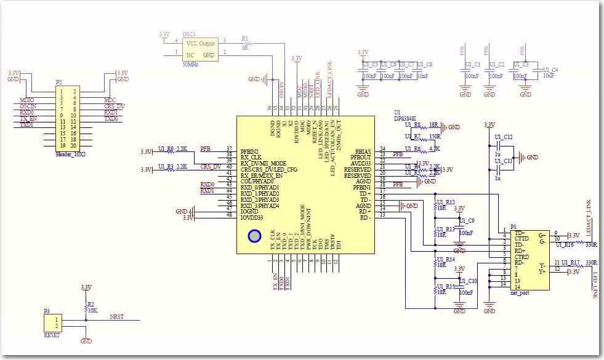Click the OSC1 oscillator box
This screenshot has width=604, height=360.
201,49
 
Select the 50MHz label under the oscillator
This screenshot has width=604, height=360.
191,64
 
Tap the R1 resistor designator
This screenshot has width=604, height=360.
244,38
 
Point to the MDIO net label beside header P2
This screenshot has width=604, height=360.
26,100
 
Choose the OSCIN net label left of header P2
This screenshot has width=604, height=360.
28,106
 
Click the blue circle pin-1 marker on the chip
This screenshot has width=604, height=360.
254,236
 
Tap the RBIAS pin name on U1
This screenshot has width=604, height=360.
362,149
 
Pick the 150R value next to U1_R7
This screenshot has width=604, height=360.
435,137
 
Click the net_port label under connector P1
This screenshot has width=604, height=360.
520,294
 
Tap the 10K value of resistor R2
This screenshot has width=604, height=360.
92,310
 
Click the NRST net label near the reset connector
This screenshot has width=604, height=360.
116,317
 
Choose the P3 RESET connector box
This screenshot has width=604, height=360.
52,322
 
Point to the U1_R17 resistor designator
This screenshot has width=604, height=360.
570,262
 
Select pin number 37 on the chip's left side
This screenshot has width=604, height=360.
229,149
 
